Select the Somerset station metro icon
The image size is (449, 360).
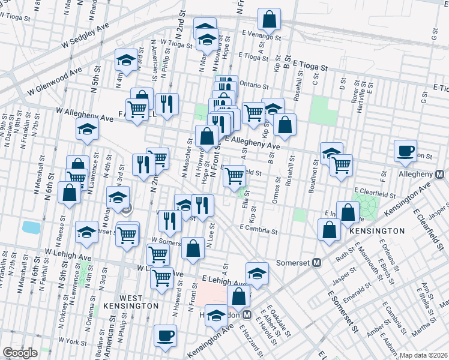tap(317, 262)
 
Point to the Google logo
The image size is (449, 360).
tap(20, 353)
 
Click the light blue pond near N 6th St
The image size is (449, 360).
tap(29, 227)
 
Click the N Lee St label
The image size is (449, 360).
tap(211, 235)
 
